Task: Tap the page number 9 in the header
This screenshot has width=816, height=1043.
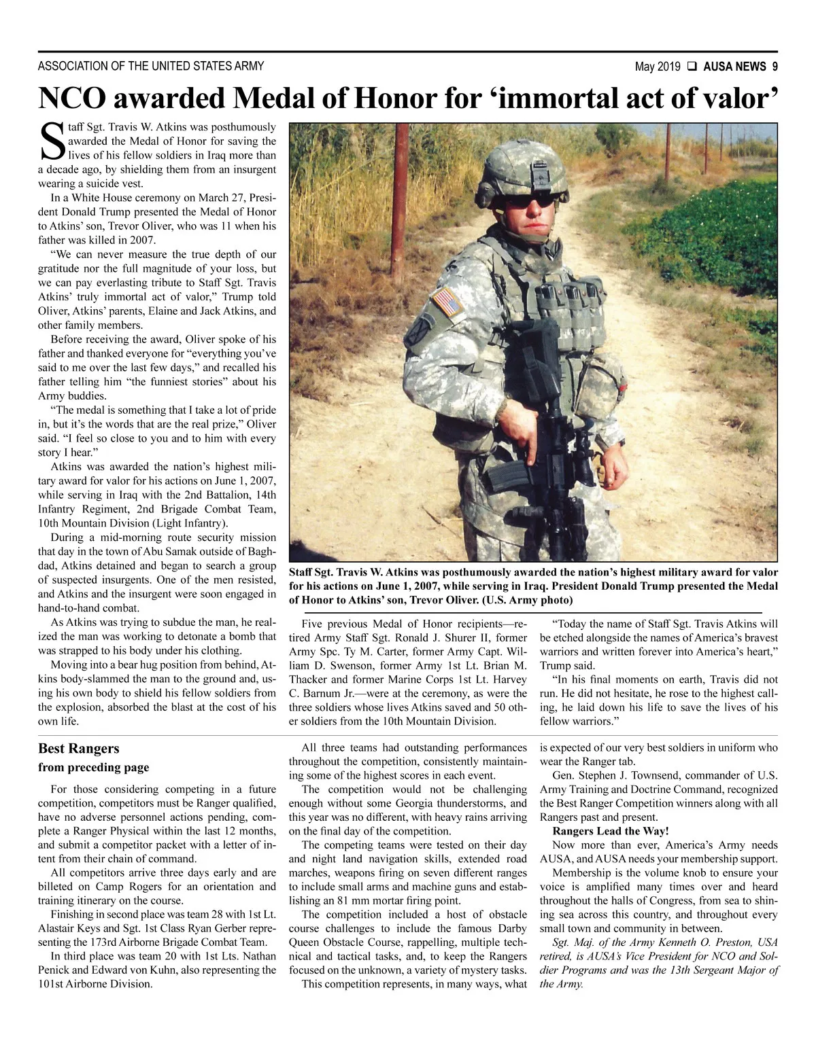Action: point(775,67)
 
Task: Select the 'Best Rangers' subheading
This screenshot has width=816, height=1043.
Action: point(78,748)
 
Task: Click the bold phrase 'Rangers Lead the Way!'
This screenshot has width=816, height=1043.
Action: point(611,831)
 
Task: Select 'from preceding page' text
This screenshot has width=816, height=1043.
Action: point(93,768)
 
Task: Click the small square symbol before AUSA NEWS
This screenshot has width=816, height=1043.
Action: point(692,67)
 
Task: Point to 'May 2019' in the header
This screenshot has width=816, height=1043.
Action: point(658,67)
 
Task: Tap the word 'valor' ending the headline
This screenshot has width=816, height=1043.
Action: point(737,99)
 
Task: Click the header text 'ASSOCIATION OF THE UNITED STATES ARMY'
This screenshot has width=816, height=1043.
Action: point(151,67)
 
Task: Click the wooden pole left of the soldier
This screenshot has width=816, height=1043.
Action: point(399,204)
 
